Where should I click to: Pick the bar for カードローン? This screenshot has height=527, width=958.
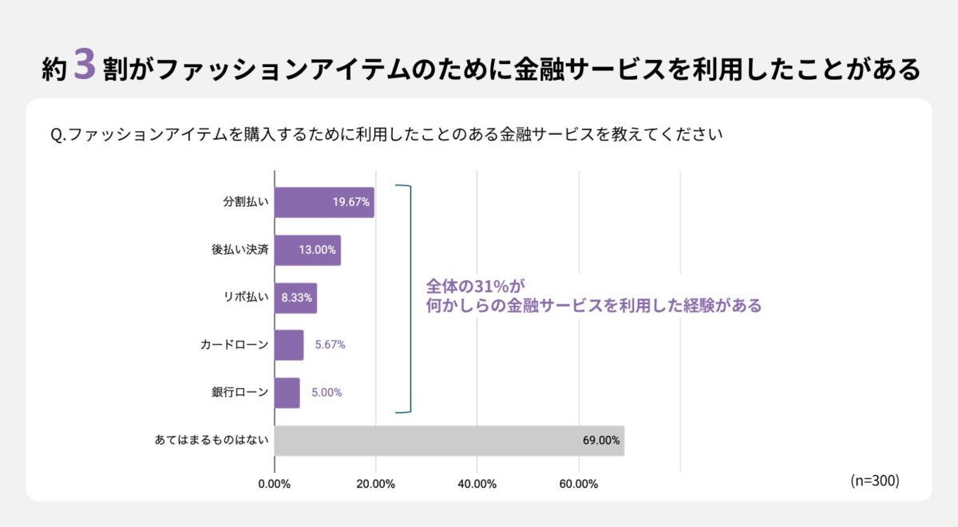tap(289, 345)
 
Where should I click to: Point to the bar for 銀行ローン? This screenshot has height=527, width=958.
tap(287, 393)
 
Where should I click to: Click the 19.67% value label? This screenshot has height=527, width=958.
tap(351, 202)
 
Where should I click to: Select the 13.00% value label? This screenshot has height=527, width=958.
tap(318, 250)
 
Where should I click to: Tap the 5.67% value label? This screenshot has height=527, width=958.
tap(330, 345)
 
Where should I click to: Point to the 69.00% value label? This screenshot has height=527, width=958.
tap(601, 441)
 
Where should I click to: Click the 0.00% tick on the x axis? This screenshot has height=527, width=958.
tap(275, 484)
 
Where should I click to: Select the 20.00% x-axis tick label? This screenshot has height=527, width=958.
tap(375, 484)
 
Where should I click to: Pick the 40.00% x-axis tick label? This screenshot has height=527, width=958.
tap(477, 484)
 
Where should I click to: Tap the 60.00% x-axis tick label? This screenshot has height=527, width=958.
tap(578, 484)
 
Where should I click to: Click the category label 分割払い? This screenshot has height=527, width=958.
tap(245, 202)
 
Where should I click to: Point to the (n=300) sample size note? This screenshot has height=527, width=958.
tap(875, 481)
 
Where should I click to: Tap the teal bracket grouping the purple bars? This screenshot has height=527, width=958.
tap(410, 299)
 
